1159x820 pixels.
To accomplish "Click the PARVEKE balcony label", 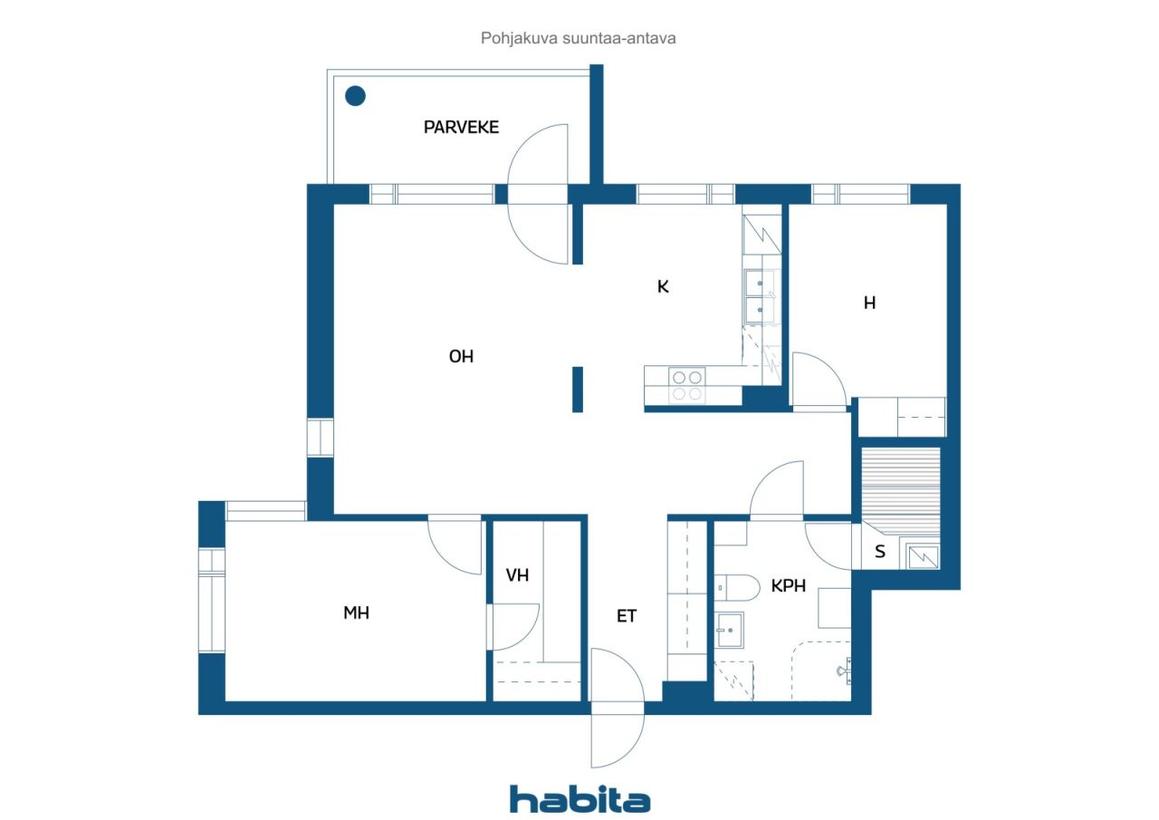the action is coord(461,128).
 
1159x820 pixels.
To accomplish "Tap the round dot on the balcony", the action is coord(356,96).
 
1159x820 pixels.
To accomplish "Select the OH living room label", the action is coord(461,356).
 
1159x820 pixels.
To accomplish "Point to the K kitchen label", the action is coord(663,287).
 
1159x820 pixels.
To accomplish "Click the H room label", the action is coord(870,303).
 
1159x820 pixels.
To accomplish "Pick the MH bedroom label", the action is coord(356,613).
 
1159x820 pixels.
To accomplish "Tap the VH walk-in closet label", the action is coord(517,575).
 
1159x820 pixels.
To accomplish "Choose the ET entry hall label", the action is coord(626,616).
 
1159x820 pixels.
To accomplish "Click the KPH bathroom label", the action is coord(788,586).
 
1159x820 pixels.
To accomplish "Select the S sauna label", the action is coord(879,552).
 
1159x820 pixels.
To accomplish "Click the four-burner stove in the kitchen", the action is coord(687,386).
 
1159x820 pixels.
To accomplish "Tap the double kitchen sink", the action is coord(761,296).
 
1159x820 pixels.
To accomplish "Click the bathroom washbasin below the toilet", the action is coord(730,630).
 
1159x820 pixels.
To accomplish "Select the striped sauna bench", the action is coord(901,491).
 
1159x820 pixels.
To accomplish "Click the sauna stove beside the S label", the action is coord(923,556).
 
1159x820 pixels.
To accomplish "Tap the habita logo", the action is coord(580,800).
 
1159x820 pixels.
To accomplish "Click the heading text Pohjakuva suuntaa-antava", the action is coord(578,38).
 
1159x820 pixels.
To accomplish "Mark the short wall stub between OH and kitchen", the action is coord(578,390).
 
